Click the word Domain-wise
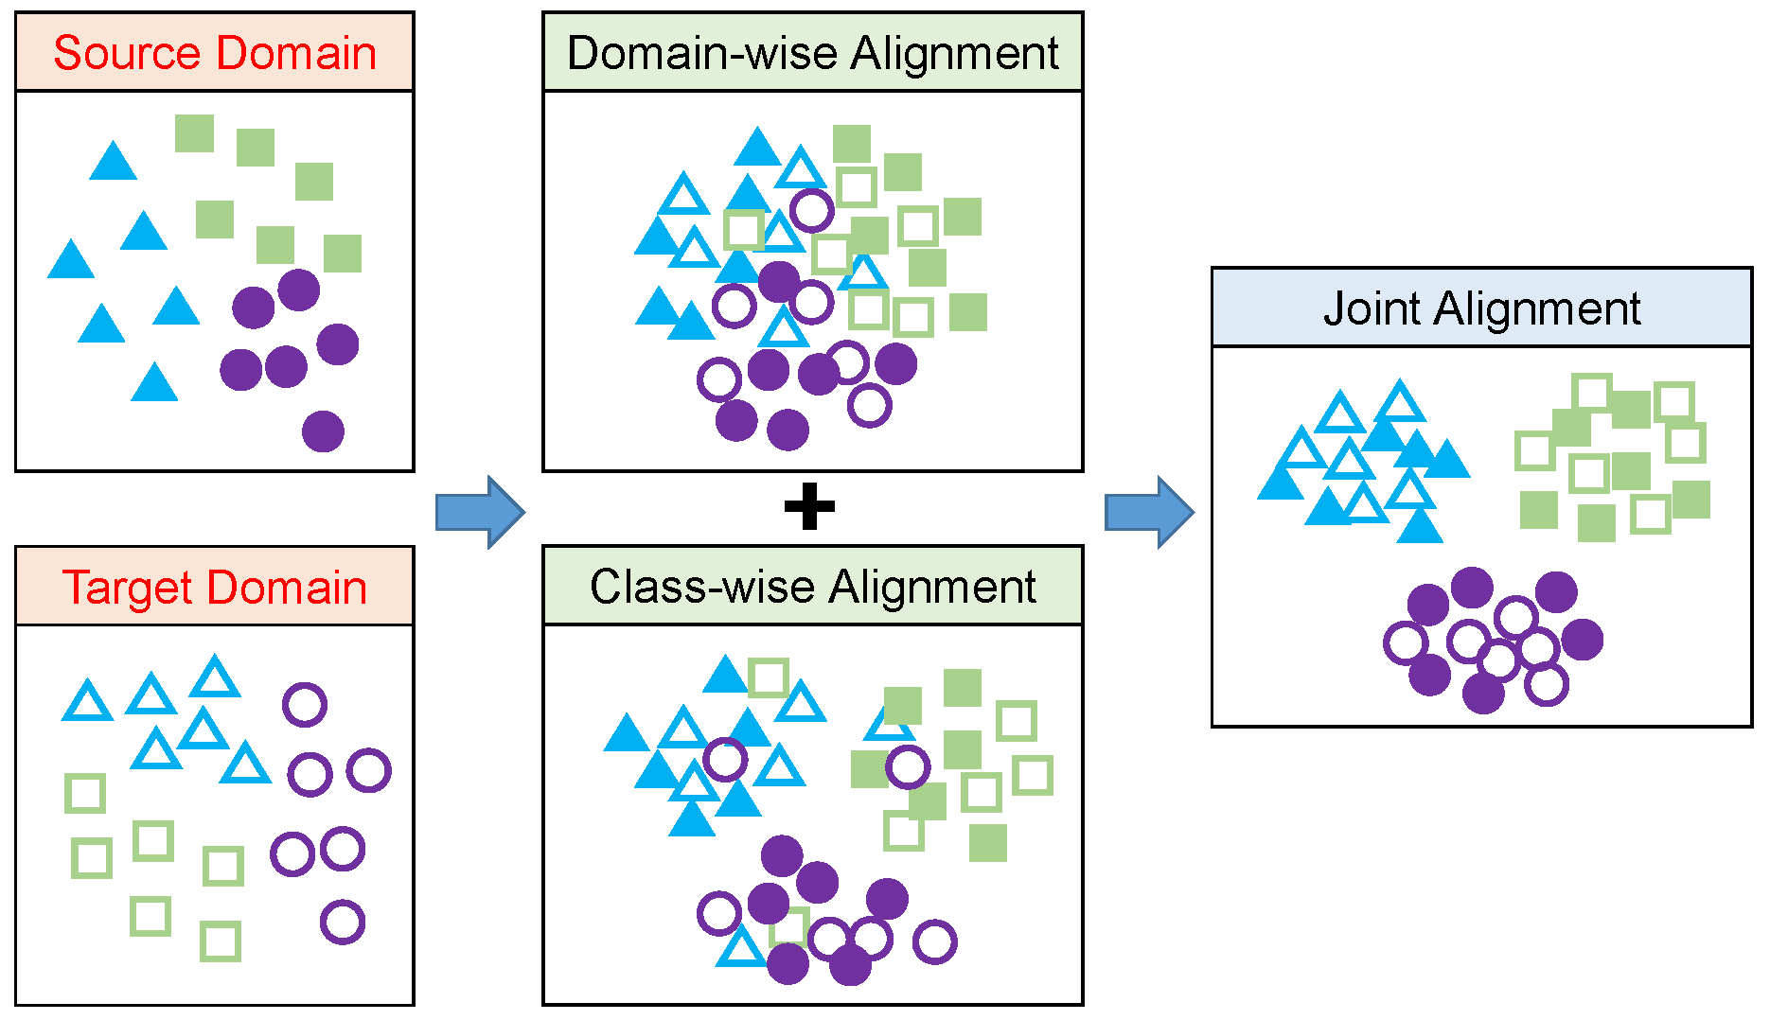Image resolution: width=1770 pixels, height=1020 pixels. pyautogui.click(x=702, y=53)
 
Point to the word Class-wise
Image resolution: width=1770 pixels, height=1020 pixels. pyautogui.click(x=701, y=587)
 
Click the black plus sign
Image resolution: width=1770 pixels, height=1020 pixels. pyautogui.click(x=810, y=507)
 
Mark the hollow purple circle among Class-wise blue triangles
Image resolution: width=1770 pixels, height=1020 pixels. pyautogui.click(x=726, y=759)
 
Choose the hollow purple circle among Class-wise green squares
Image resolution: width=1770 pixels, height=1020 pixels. pyautogui.click(x=908, y=767)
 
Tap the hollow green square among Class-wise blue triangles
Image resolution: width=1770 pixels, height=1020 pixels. pyautogui.click(x=768, y=678)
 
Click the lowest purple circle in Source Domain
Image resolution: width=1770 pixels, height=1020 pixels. pyautogui.click(x=323, y=431)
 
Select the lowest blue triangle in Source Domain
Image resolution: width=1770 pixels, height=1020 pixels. pyautogui.click(x=154, y=384)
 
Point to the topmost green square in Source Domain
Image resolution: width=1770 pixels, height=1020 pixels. pyautogui.click(x=194, y=133)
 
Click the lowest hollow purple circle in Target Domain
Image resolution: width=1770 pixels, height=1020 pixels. pyautogui.click(x=343, y=922)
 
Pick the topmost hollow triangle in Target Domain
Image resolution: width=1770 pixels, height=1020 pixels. pyautogui.click(x=215, y=678)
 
